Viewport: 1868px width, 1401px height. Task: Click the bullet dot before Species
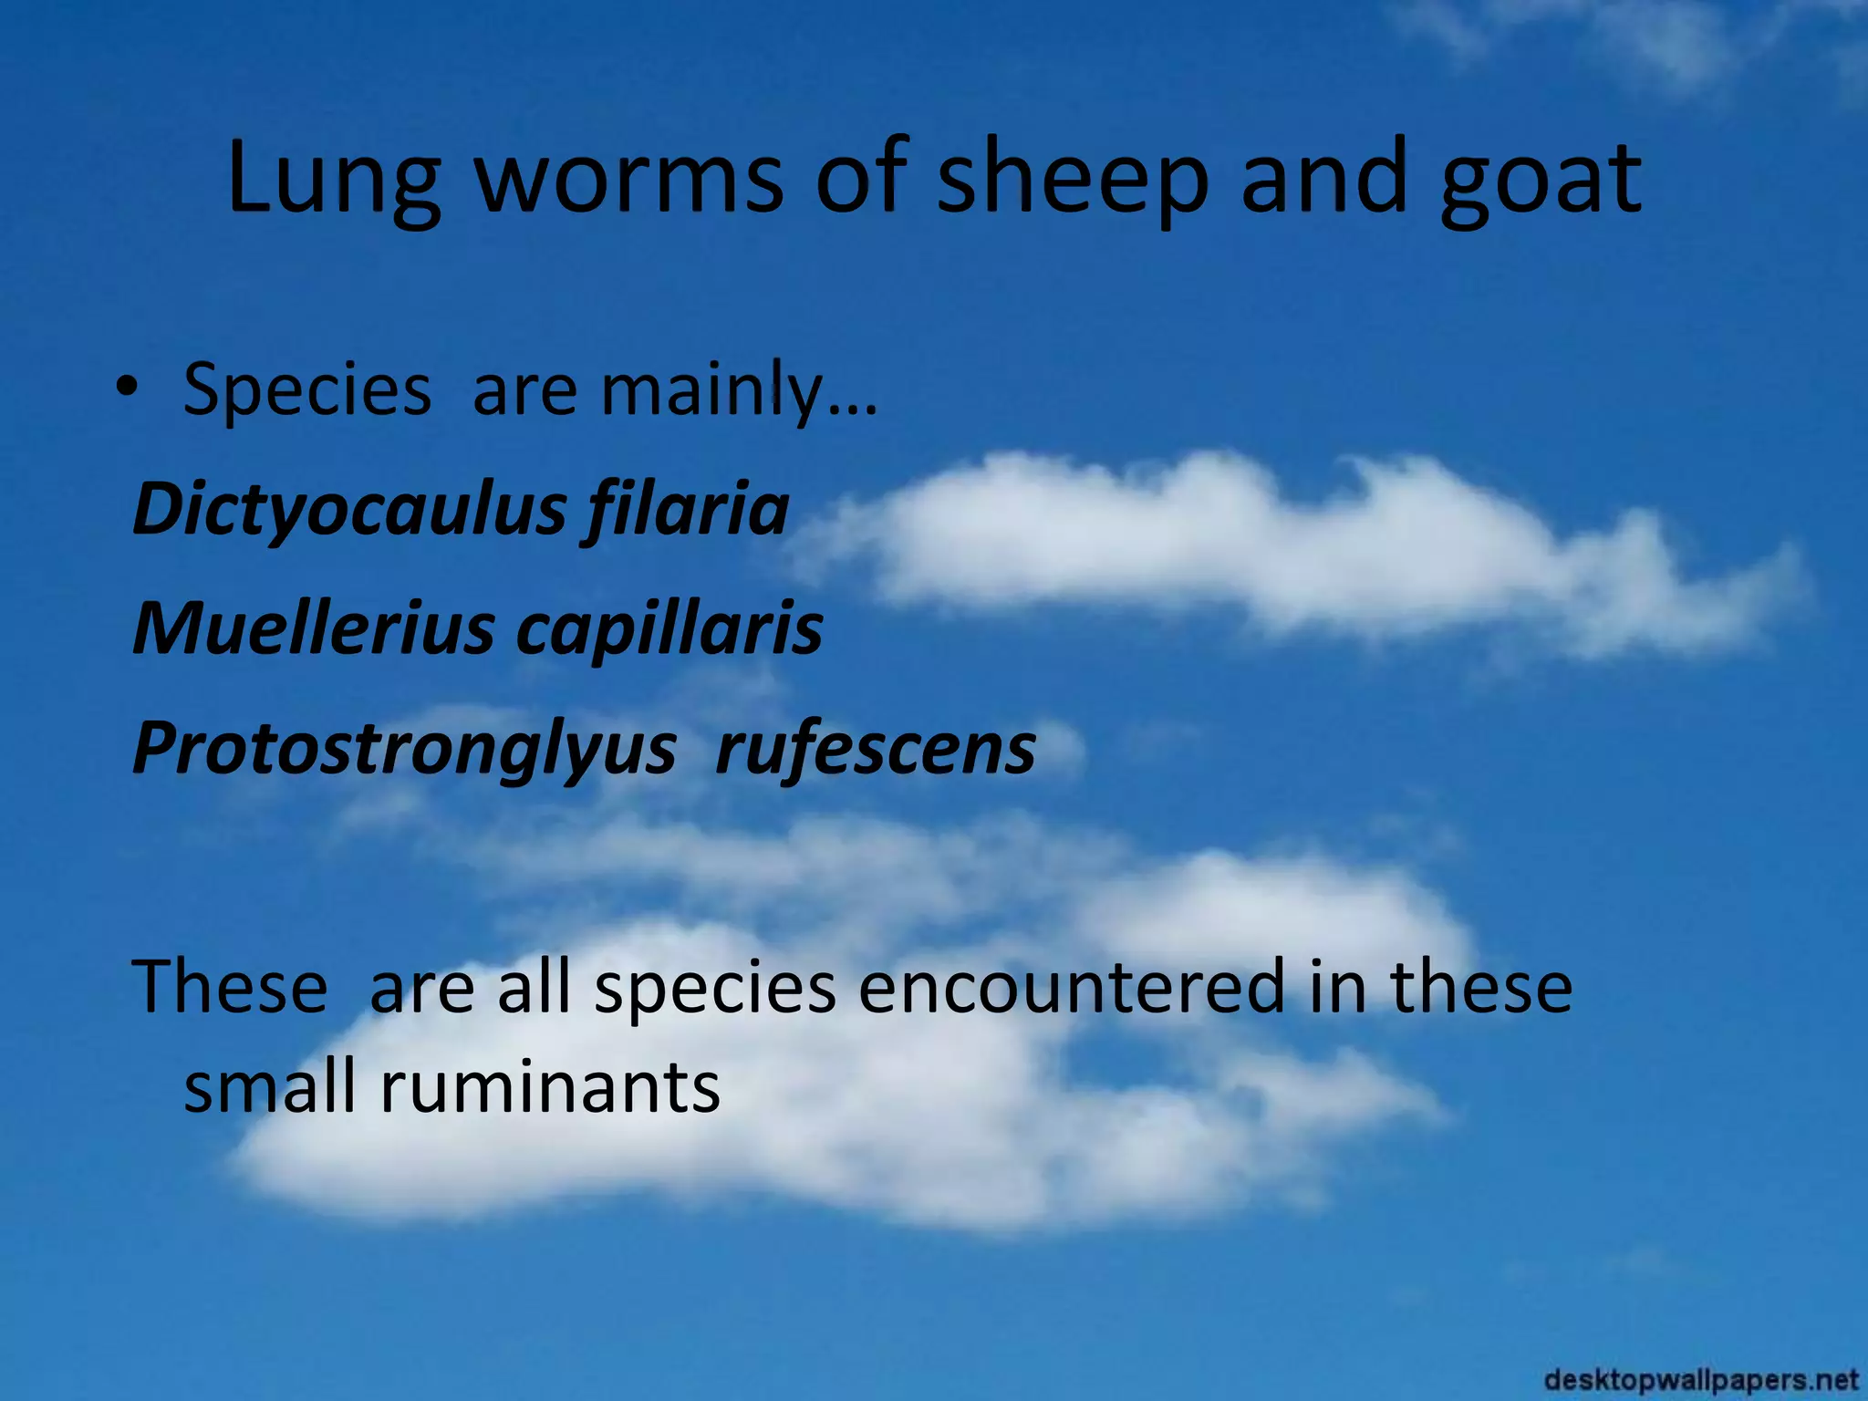(128, 388)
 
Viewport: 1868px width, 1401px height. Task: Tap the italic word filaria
(686, 509)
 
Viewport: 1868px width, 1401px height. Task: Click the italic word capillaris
(669, 628)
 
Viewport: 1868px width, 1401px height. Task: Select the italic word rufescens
(876, 749)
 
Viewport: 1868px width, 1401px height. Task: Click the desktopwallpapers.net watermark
(1702, 1380)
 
